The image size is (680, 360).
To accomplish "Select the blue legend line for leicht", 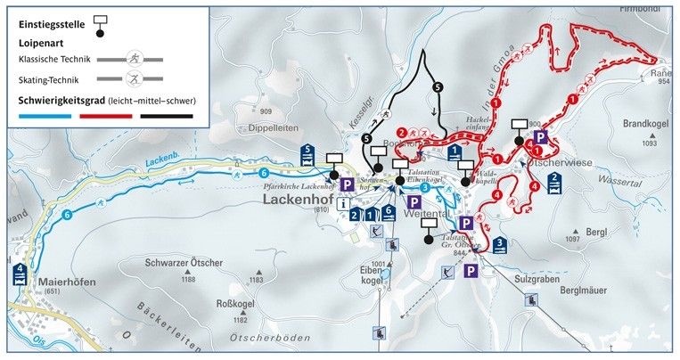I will [x=43, y=115].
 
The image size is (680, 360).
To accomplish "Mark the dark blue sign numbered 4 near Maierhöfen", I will [x=19, y=274].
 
